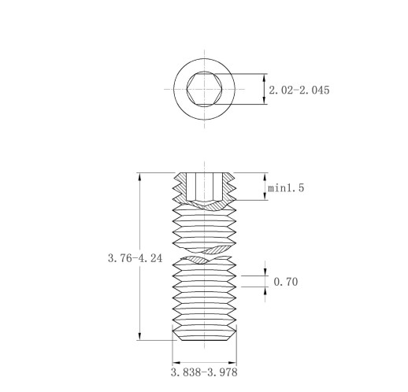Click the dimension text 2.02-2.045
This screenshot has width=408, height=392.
[299, 90]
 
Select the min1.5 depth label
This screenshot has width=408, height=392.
[286, 188]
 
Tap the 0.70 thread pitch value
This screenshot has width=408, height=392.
[286, 282]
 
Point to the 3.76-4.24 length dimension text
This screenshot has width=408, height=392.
[135, 258]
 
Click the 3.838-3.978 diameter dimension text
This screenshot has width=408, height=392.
[204, 372]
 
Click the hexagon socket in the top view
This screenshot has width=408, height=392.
[205, 89]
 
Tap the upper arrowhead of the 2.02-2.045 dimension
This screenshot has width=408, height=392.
[265, 77]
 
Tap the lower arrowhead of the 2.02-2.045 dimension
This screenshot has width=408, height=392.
[265, 101]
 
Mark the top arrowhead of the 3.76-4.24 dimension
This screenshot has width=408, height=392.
[139, 176]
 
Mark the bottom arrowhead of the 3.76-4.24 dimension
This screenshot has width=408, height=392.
[139, 336]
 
